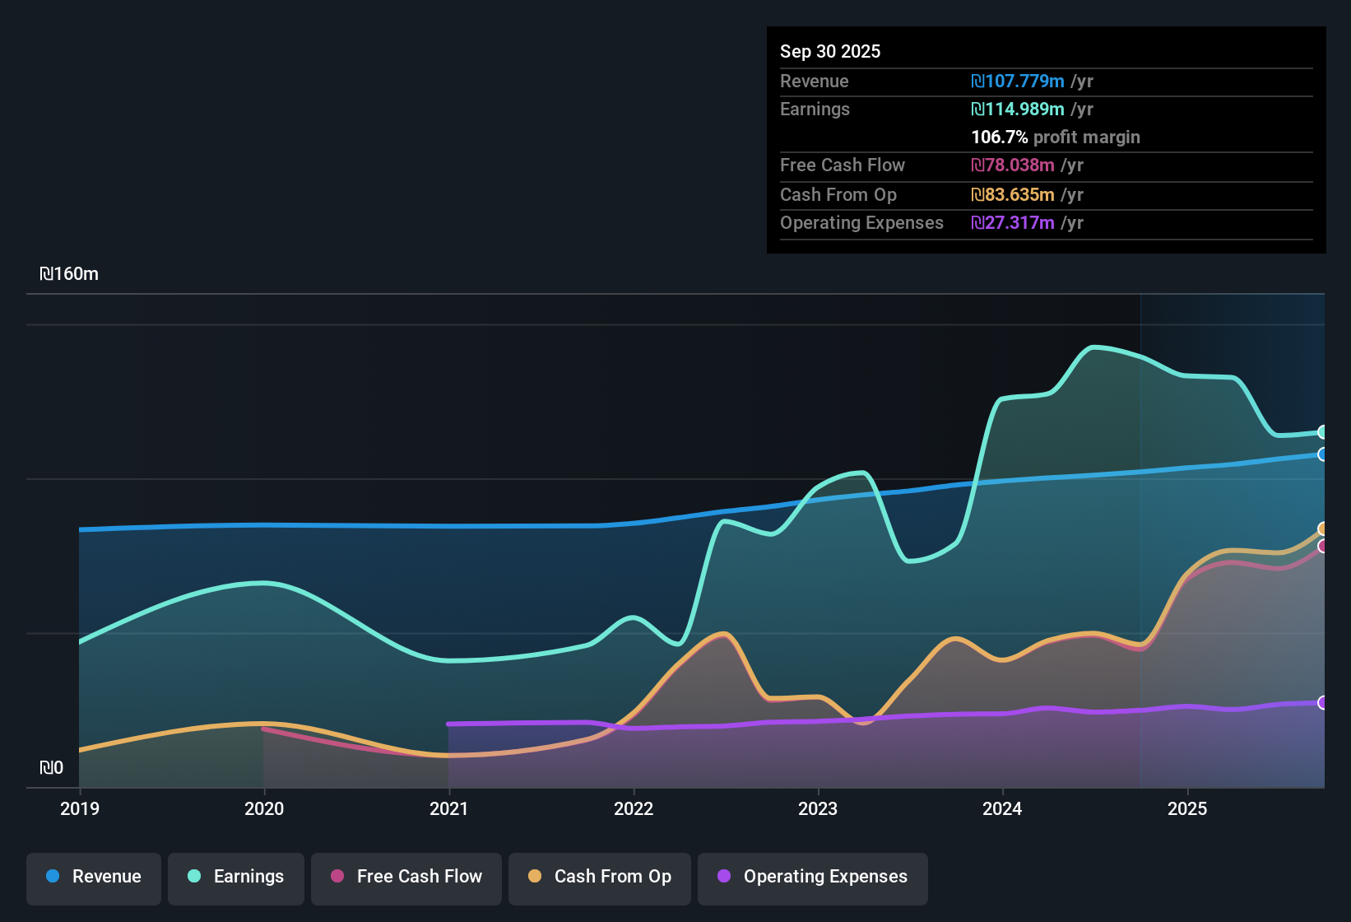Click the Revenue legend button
94,877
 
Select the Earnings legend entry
236,877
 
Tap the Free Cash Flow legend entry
406,877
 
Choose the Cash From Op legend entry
600,877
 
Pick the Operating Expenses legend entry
813,877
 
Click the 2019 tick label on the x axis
80,808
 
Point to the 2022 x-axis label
634,808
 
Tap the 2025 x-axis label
1187,808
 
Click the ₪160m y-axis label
69,274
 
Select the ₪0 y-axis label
51,768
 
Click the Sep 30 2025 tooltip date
829,51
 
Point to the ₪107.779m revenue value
1018,81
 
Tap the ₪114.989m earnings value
1018,109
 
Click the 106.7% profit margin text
1055,137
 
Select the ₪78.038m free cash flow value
1013,165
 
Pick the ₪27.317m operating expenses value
1013,222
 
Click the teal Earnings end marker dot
1322,432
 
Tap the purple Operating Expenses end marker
1322,702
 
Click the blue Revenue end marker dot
1322,454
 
